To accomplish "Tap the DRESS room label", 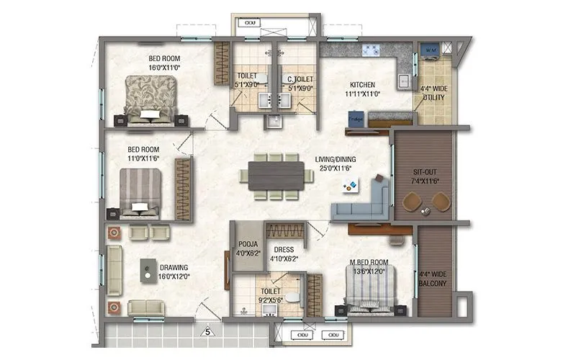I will tap(283, 250).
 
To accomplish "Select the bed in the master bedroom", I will tap(370, 294).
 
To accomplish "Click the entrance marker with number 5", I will tap(207, 332).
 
